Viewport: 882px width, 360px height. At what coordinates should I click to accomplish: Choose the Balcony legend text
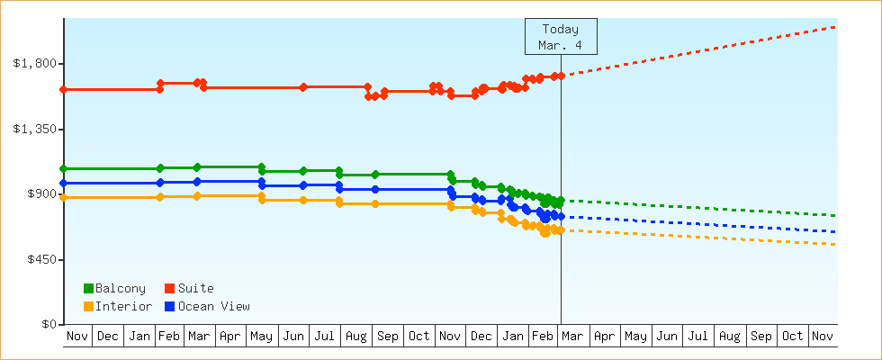(120, 288)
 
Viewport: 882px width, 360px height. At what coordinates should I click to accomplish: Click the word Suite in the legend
(195, 288)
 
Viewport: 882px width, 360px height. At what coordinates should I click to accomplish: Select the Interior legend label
(123, 306)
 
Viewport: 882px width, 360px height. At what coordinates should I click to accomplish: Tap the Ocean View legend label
(213, 306)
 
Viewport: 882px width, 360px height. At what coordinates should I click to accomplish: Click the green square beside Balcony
(88, 288)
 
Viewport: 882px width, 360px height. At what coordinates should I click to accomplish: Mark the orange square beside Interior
(88, 307)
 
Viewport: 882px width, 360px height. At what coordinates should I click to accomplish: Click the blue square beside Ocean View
(170, 307)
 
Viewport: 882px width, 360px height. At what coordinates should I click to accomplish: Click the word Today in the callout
(560, 29)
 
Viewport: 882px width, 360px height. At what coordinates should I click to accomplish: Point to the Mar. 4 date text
(560, 45)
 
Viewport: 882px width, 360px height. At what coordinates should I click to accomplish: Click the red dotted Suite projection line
(702, 49)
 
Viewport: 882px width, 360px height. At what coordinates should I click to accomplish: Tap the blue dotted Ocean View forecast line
(702, 224)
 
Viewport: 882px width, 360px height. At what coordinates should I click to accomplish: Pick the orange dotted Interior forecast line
(702, 237)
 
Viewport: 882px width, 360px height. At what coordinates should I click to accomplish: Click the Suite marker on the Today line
(561, 76)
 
